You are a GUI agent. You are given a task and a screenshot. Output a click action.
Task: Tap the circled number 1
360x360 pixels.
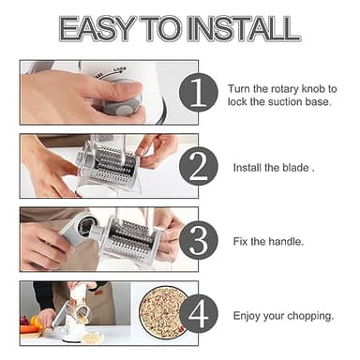coord(198,93)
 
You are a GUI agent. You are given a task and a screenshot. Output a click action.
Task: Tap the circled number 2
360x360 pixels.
coord(198,167)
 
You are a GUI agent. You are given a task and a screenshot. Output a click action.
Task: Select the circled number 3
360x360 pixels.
coord(198,240)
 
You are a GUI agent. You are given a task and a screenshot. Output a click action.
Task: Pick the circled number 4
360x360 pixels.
coord(198,315)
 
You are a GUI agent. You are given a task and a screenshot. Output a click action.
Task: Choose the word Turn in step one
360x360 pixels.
coord(239,88)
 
